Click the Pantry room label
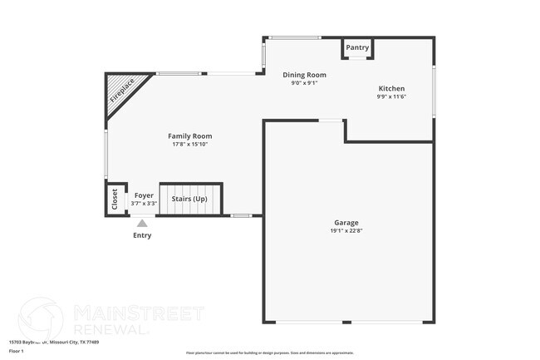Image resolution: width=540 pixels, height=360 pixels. pos(358,47)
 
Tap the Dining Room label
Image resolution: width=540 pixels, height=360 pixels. pos(304,75)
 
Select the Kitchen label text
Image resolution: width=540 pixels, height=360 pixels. pos(391,88)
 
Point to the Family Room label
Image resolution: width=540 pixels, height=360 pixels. pos(190,136)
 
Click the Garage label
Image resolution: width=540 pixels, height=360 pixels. pos(346,223)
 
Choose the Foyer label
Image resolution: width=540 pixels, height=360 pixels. pos(144,195)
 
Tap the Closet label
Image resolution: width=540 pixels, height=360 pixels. pos(115,200)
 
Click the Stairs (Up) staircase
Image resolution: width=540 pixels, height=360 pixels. pos(190,200)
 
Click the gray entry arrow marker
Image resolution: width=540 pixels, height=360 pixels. pos(142,223)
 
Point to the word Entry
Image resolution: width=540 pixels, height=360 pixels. pos(142,235)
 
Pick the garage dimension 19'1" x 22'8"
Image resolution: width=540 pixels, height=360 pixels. pos(346,231)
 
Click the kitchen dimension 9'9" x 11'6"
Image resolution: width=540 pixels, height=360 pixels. pos(391,96)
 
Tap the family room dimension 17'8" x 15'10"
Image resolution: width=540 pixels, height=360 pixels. pos(190,145)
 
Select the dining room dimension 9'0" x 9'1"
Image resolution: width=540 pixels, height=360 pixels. pos(304,83)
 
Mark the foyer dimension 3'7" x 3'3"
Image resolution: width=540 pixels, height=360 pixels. pos(144,204)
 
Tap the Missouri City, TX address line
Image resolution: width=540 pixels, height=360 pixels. pos(53,342)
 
